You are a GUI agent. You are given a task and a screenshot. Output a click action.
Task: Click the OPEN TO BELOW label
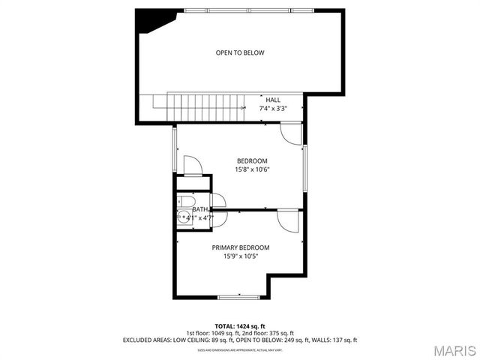coord(240,52)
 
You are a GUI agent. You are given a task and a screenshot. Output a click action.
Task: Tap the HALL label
coord(273,100)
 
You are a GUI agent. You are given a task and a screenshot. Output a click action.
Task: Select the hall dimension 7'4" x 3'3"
coord(273,109)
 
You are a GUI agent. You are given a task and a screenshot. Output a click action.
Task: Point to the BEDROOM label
coord(252,160)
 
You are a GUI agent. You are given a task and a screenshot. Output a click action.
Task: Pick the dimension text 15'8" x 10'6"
coord(252,169)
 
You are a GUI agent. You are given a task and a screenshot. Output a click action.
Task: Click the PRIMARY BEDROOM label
coord(240,247)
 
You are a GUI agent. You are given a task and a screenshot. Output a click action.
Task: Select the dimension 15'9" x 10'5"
coord(240,256)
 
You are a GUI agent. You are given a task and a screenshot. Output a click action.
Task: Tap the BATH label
coord(199,210)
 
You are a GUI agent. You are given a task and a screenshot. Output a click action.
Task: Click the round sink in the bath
coord(184,217)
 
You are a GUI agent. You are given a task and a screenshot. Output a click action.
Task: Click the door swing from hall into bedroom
coord(291,133)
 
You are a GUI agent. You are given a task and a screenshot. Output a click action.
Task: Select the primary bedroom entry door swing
coord(287,220)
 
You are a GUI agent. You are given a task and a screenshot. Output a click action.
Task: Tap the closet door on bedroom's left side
coord(192,165)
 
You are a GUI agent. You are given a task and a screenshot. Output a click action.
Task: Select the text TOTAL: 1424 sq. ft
coord(240,325)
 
